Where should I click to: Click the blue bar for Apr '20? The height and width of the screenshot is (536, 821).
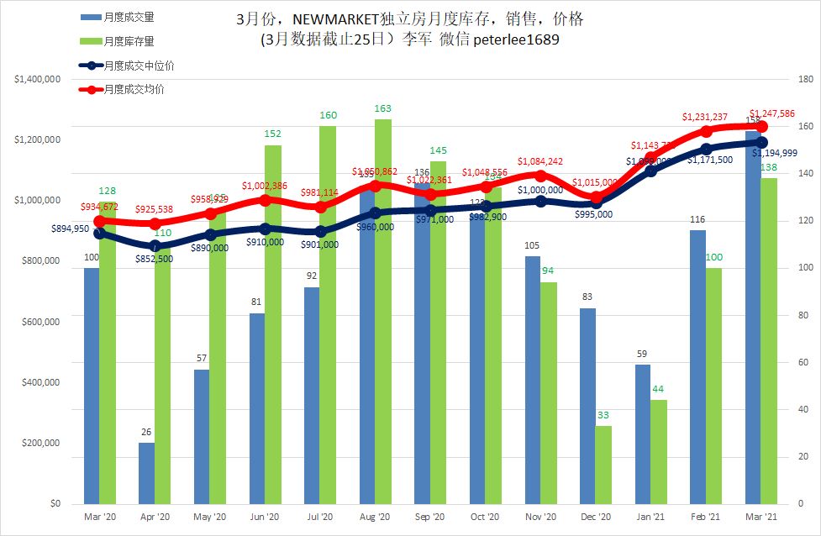click(146, 473)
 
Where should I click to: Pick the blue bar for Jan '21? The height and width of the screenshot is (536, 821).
click(643, 434)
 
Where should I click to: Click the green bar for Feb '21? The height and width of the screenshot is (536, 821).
click(713, 386)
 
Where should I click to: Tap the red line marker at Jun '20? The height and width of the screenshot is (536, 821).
click(266, 200)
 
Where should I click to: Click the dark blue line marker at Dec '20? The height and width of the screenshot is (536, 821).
click(596, 202)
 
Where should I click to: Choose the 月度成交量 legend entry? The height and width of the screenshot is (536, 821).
click(128, 17)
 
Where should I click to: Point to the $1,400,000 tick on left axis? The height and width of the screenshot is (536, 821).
click(37, 79)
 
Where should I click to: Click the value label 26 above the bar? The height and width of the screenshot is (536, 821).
click(146, 433)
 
